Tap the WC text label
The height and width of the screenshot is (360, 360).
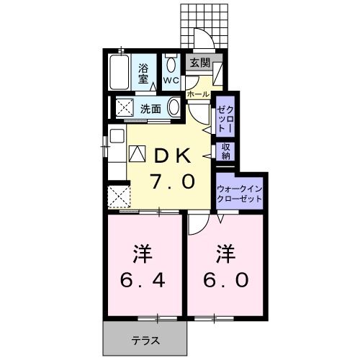171,80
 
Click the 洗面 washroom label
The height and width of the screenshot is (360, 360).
150,109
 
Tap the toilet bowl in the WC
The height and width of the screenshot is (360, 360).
171,65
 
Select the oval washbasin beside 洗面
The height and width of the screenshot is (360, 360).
174,108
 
